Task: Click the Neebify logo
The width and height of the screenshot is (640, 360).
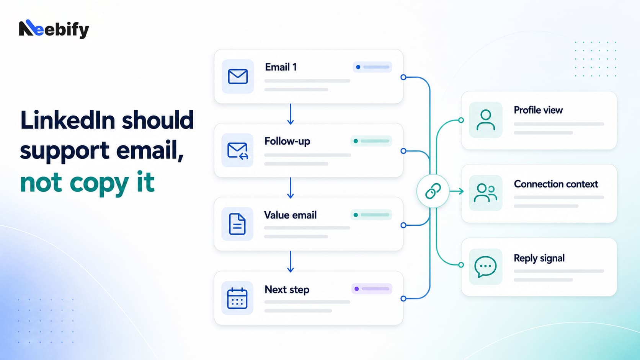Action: pyautogui.click(x=54, y=29)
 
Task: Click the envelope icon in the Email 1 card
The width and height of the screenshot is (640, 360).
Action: pyautogui.click(x=238, y=76)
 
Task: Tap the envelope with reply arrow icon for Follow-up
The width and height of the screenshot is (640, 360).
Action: pyautogui.click(x=238, y=150)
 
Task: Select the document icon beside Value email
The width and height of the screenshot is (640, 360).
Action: pyautogui.click(x=237, y=224)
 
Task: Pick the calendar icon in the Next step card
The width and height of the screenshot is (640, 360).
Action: pyautogui.click(x=237, y=298)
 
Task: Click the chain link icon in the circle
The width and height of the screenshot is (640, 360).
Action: pyautogui.click(x=433, y=191)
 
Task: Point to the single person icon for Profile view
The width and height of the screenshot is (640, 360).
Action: pyautogui.click(x=486, y=120)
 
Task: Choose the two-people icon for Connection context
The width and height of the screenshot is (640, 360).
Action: pyautogui.click(x=485, y=193)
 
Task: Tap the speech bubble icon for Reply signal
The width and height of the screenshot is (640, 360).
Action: pyautogui.click(x=485, y=267)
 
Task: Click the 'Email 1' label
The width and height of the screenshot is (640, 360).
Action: pyautogui.click(x=281, y=67)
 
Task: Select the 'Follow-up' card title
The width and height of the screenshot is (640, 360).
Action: pyautogui.click(x=287, y=141)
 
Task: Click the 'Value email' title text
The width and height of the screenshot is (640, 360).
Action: pyautogui.click(x=290, y=215)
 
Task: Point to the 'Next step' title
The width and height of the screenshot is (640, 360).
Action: pyautogui.click(x=287, y=290)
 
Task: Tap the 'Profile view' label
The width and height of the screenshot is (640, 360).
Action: pyautogui.click(x=538, y=110)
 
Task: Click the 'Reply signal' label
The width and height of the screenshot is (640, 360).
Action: pyautogui.click(x=539, y=258)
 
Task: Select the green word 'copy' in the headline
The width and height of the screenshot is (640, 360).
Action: pyautogui.click(x=99, y=184)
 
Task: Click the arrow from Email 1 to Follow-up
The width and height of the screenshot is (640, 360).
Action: pyautogui.click(x=290, y=114)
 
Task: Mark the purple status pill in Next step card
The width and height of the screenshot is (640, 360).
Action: pyautogui.click(x=372, y=289)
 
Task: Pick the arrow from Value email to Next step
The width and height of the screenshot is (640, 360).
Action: pyautogui.click(x=290, y=262)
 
